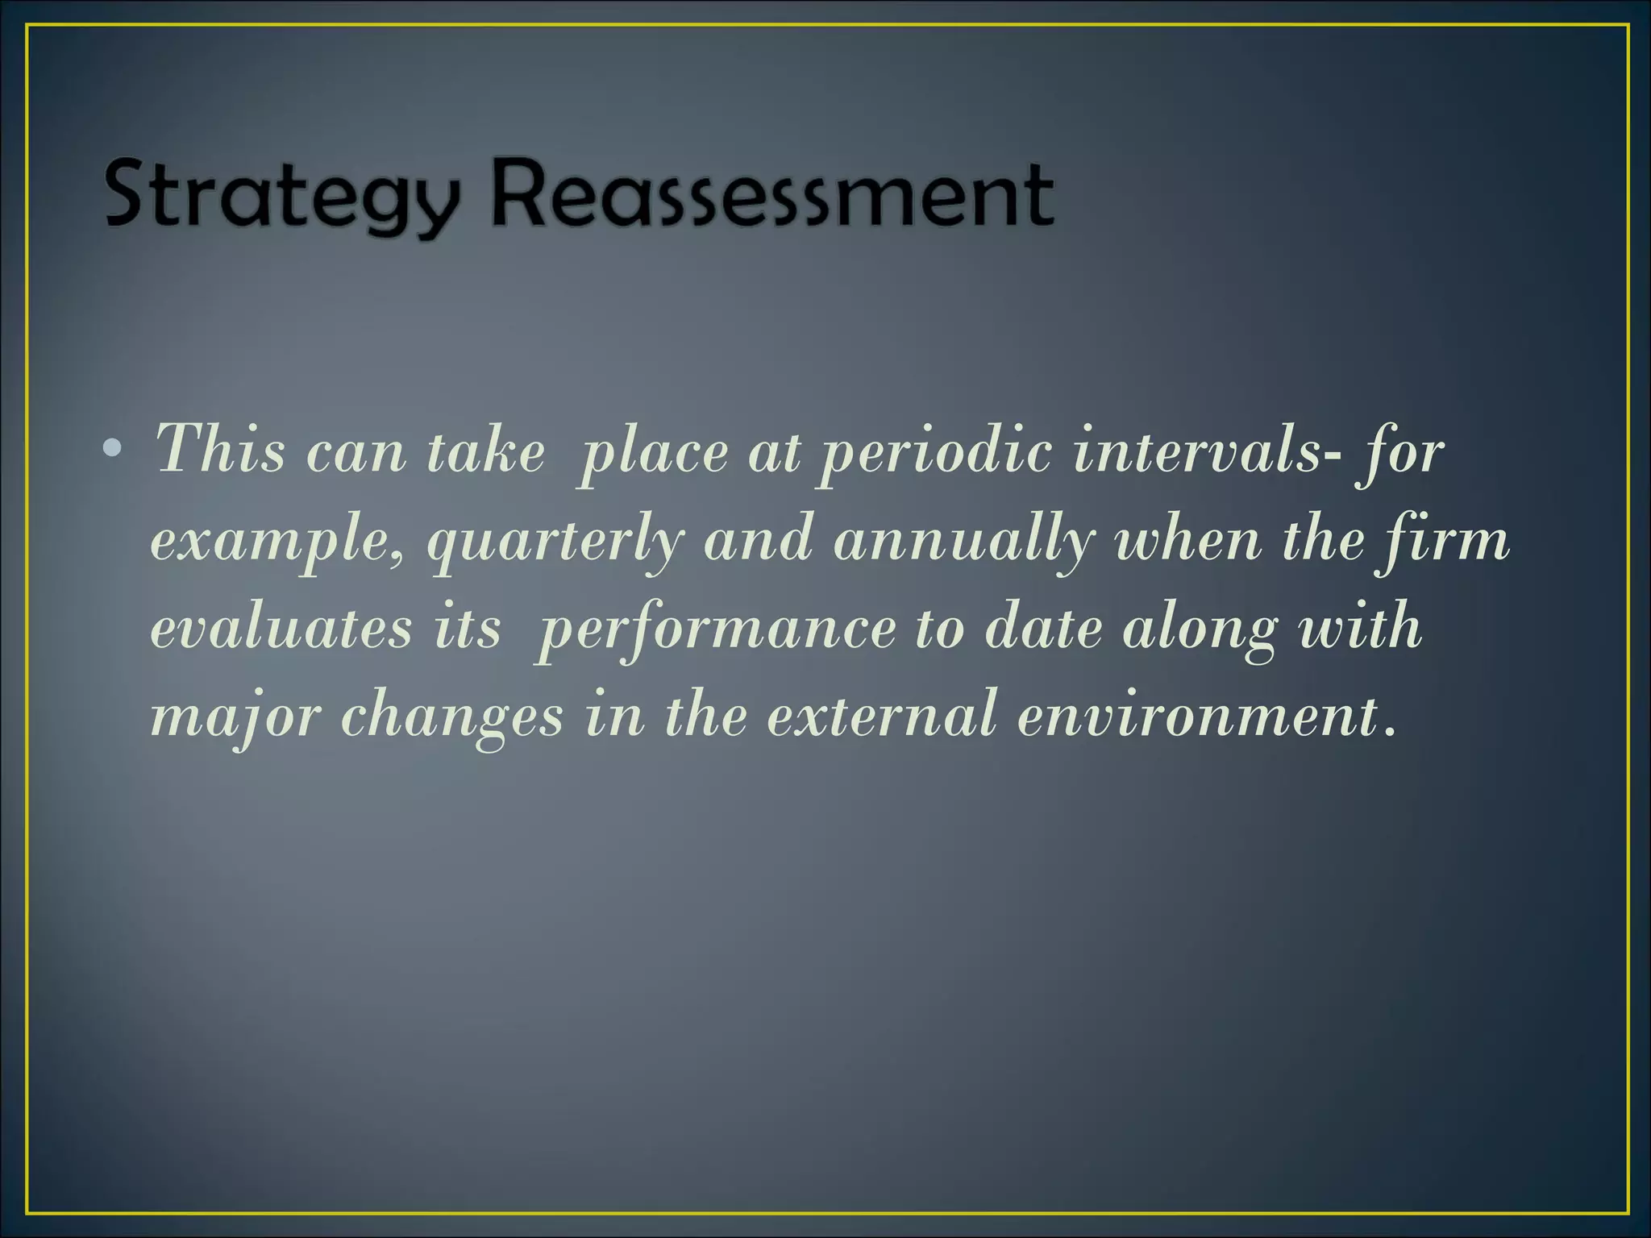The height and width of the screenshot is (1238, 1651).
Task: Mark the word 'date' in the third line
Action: (1043, 628)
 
